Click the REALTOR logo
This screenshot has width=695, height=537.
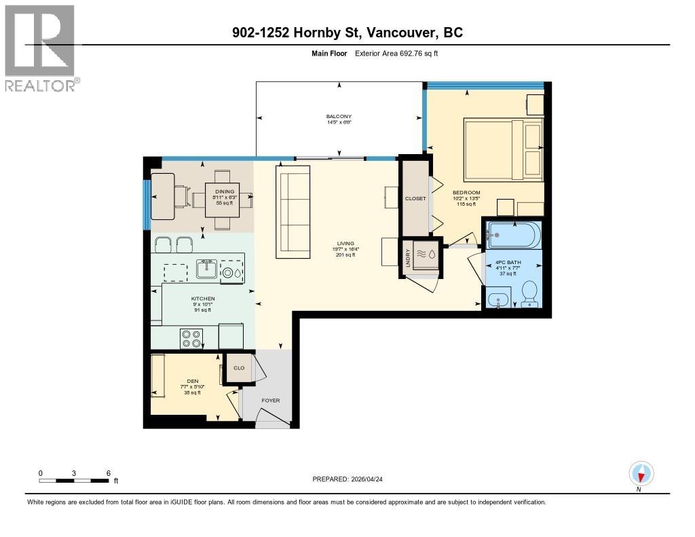[40, 48]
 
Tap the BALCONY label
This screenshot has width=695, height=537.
[337, 117]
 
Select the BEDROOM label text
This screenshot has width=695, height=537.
[466, 193]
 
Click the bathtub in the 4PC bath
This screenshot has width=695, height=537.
[512, 236]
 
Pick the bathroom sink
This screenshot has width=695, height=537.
[499, 299]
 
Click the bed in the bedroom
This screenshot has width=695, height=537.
[503, 150]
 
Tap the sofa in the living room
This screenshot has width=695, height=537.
[293, 212]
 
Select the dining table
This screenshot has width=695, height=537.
[223, 200]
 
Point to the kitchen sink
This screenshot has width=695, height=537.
[206, 270]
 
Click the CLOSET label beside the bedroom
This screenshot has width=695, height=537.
[415, 198]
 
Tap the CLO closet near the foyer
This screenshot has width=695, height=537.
[239, 369]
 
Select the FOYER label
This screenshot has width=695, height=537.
[270, 401]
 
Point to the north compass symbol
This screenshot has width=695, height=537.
[640, 473]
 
